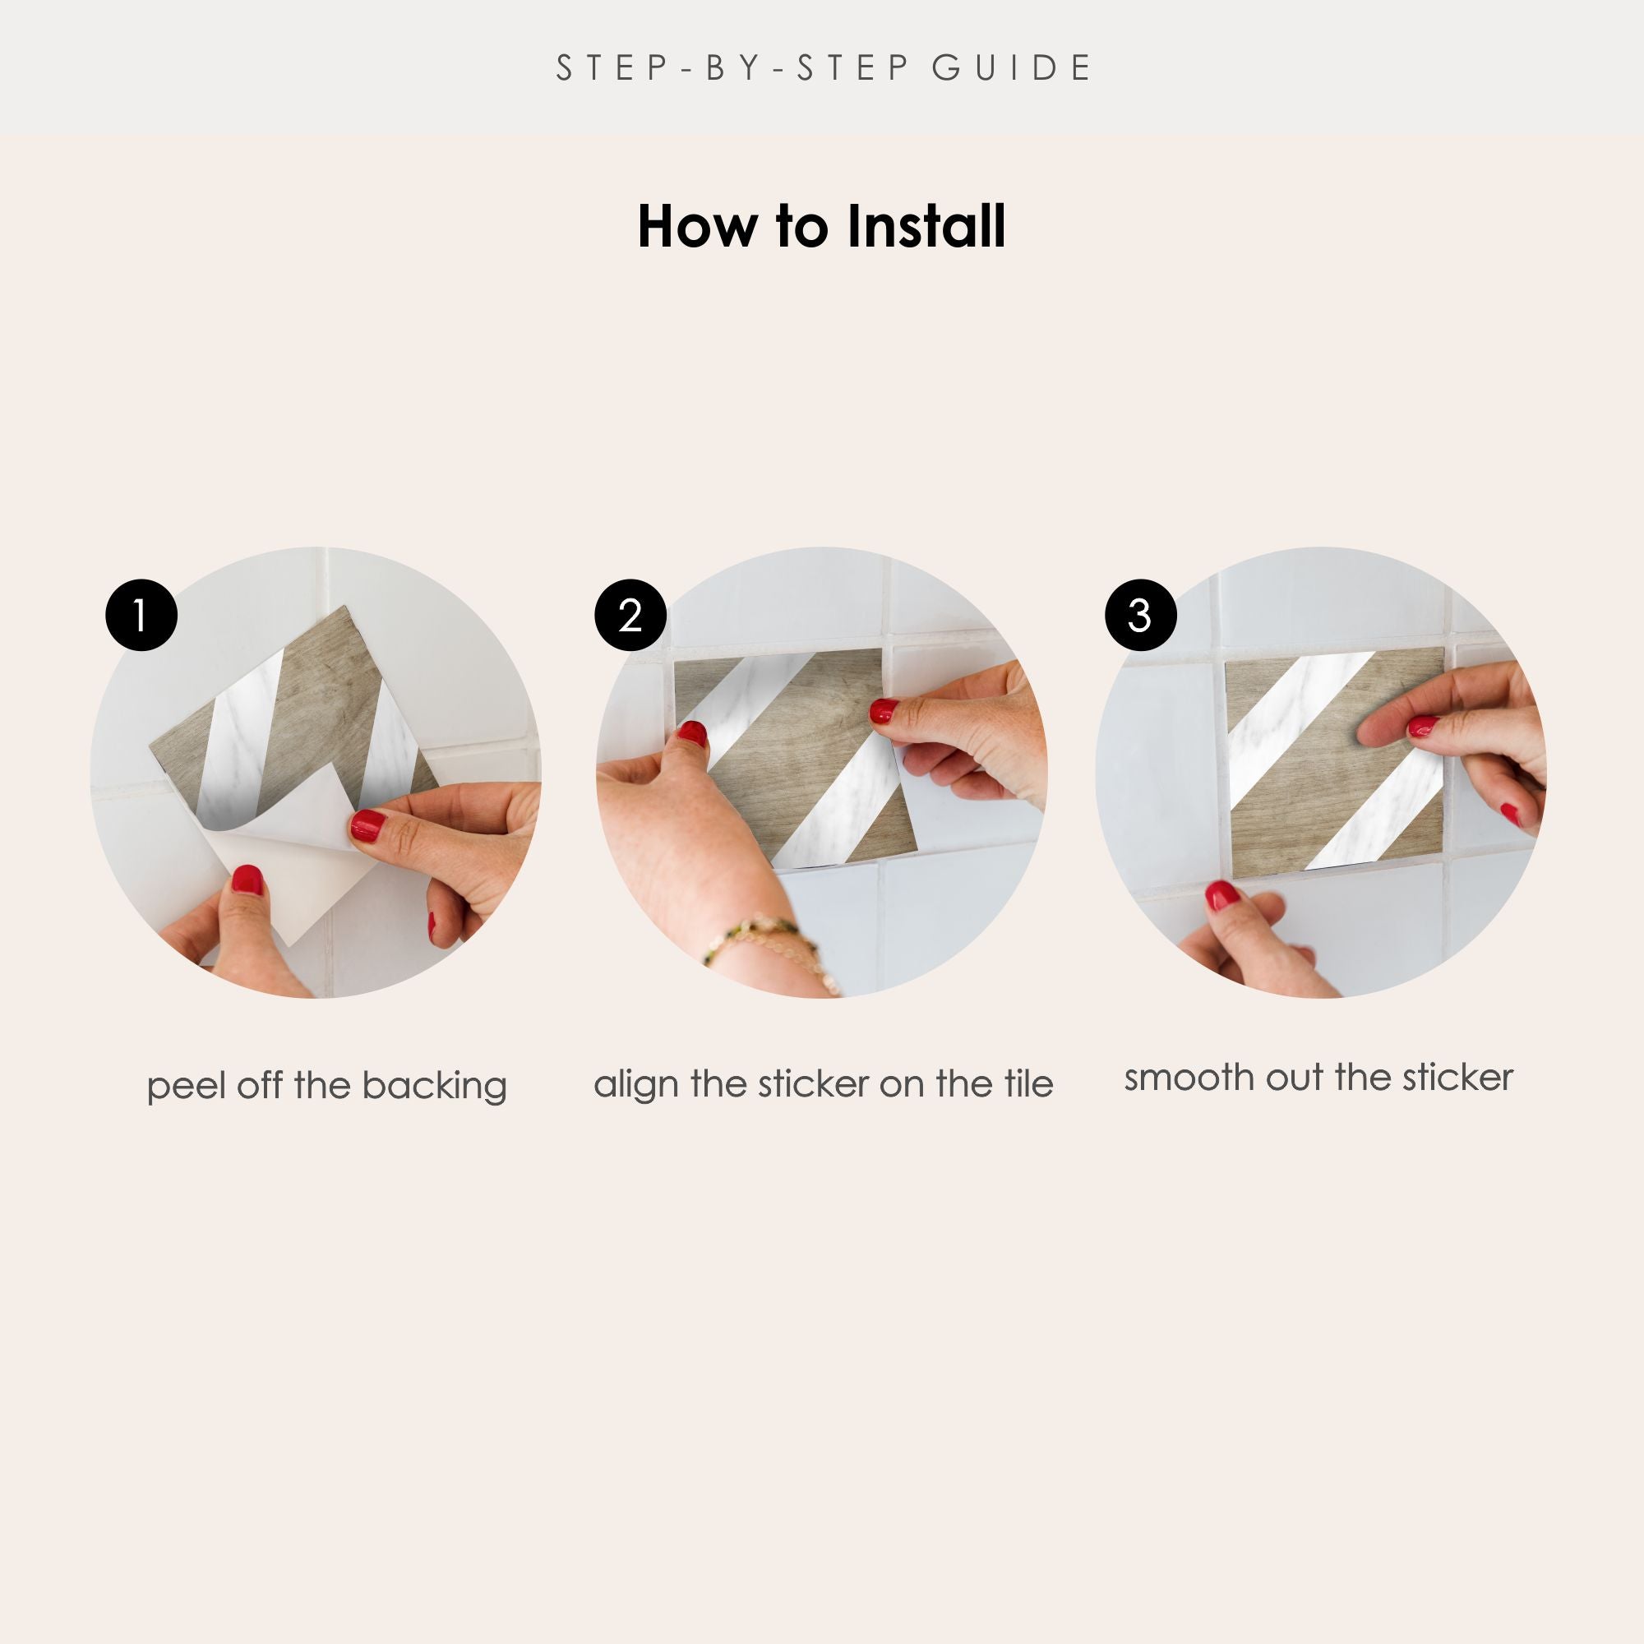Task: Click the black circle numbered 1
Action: point(141,615)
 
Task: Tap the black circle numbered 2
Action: point(630,615)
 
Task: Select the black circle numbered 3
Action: point(1140,615)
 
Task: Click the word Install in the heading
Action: point(926,226)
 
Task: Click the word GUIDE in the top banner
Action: point(1011,68)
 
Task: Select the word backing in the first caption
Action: point(434,1087)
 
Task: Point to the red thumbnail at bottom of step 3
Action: point(1222,894)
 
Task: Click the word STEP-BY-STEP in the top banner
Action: point(733,68)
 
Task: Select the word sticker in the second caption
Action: point(814,1083)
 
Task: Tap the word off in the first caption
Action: point(261,1085)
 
